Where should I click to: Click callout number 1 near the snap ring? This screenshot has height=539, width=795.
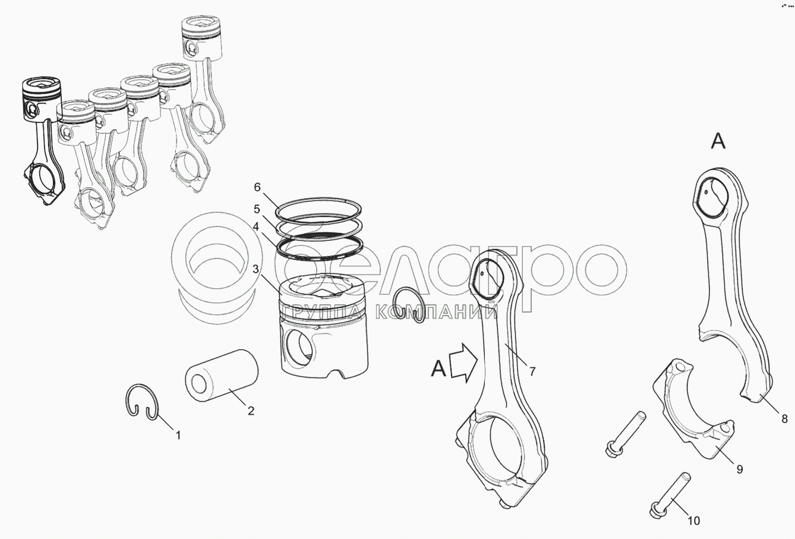click(178, 436)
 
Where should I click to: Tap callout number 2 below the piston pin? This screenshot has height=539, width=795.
click(251, 411)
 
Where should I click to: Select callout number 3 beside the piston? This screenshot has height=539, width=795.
click(256, 269)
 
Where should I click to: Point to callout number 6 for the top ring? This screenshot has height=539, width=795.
click(257, 187)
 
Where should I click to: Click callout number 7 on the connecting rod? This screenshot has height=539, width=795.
click(532, 372)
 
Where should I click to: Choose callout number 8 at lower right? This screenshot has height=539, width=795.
click(785, 419)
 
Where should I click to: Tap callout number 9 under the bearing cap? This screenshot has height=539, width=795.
click(740, 469)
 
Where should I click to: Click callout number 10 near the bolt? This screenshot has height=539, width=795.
click(694, 521)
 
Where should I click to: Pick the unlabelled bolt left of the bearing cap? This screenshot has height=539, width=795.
click(625, 433)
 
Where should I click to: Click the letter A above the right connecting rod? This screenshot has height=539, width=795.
click(718, 141)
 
